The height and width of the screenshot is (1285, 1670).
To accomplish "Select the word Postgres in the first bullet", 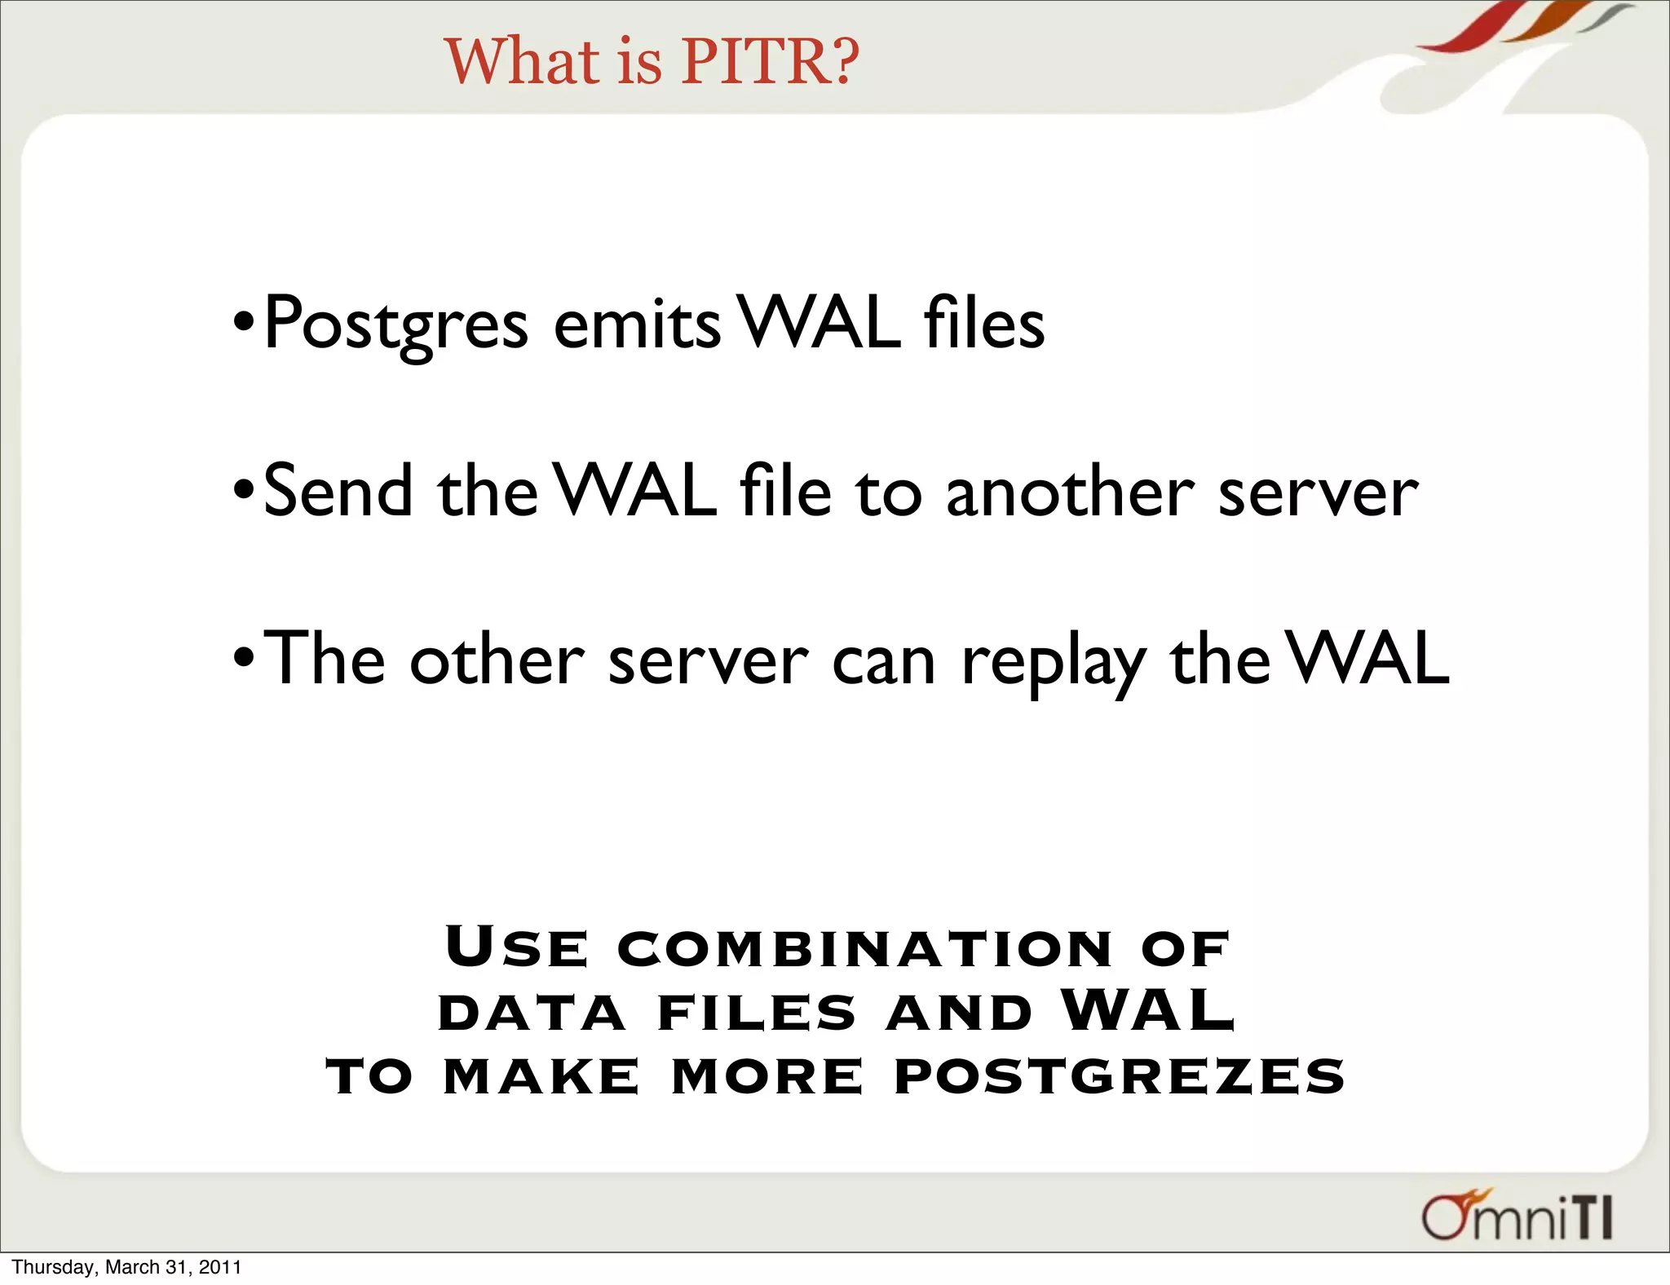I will tap(396, 325).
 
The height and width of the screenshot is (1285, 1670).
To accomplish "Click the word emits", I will tap(637, 325).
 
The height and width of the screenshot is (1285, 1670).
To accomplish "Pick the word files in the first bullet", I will tap(984, 325).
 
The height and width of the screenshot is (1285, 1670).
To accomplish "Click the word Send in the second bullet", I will tap(338, 492).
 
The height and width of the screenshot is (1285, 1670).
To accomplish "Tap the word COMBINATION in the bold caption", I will tap(864, 949).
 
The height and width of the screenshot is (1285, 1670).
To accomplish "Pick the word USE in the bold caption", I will tap(516, 947).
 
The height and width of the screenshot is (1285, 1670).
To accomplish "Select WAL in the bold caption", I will tap(1148, 1011).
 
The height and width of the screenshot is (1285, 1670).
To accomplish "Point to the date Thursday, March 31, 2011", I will tap(127, 1267).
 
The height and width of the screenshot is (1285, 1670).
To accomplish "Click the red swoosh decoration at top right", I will tap(1468, 29).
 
